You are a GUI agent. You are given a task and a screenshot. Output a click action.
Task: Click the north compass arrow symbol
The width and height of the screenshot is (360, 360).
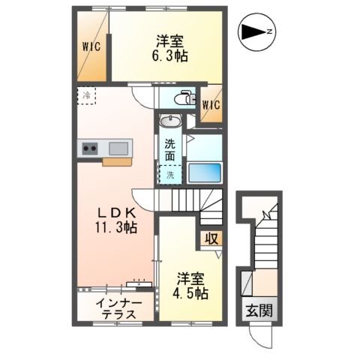257,31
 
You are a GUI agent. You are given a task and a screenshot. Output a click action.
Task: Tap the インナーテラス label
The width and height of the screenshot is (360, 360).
116,308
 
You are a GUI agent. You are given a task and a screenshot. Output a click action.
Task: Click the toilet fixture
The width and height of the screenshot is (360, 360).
184,98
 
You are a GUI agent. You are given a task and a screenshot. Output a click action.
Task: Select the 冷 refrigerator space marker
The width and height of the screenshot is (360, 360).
86,96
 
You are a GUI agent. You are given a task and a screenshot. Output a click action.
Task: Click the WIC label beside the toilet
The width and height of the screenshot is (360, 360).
211,105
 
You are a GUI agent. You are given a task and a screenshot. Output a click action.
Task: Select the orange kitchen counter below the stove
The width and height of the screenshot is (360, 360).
116,160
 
